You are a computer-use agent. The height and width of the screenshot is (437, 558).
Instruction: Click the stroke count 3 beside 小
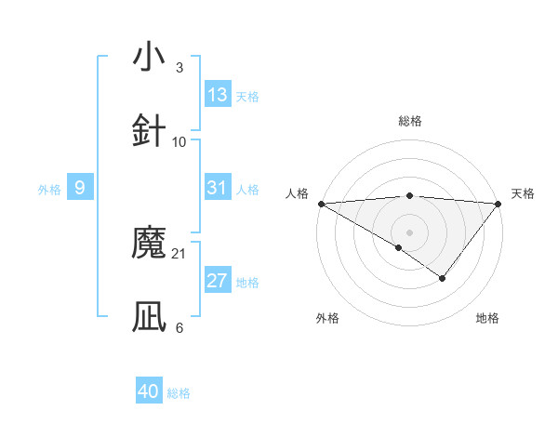pyautogui.click(x=179, y=67)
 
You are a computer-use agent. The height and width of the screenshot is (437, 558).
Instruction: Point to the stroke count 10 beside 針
pyautogui.click(x=179, y=141)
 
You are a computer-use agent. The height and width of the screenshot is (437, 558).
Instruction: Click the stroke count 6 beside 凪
pyautogui.click(x=179, y=328)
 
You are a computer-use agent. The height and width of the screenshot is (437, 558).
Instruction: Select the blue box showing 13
pyautogui.click(x=218, y=95)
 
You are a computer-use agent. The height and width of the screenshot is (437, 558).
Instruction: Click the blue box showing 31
pyautogui.click(x=218, y=188)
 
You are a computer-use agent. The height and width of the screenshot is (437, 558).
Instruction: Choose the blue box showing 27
pyautogui.click(x=218, y=282)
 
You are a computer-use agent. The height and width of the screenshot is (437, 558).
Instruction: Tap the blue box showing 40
pyautogui.click(x=149, y=391)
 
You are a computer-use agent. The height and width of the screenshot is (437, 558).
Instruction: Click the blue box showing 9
pyautogui.click(x=80, y=188)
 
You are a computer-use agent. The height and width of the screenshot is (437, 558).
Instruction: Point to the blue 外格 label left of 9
pyautogui.click(x=49, y=189)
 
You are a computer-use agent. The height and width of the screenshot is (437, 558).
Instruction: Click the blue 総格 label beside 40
pyautogui.click(x=179, y=393)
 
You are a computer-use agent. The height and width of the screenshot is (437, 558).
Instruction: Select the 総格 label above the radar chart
pyautogui.click(x=410, y=121)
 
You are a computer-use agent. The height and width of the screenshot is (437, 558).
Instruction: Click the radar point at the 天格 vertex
pyautogui.click(x=499, y=204)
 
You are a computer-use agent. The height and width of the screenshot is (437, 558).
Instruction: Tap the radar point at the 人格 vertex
pyautogui.click(x=321, y=204)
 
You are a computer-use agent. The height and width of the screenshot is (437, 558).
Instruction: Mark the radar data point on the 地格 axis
pyautogui.click(x=443, y=277)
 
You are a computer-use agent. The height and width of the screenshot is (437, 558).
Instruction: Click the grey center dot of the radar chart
pyautogui.click(x=410, y=232)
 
